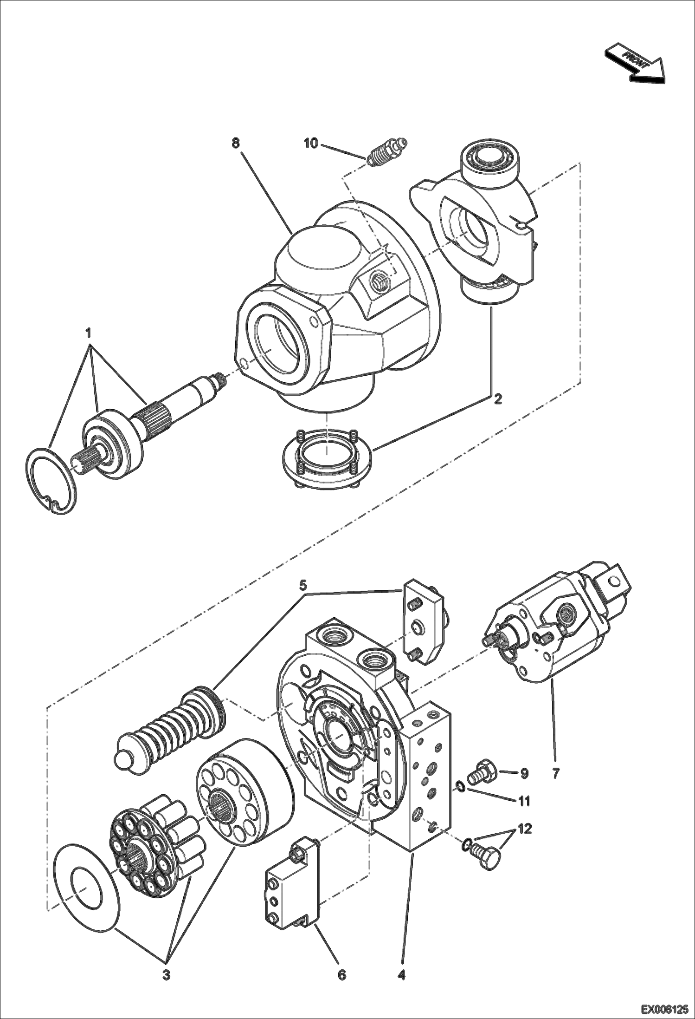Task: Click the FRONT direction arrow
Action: coord(635,63)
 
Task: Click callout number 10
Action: coord(311,144)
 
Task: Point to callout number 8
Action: coord(236,143)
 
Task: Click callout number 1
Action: coord(88,333)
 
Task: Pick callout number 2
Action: coord(497,398)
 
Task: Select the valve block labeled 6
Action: coord(291,885)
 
